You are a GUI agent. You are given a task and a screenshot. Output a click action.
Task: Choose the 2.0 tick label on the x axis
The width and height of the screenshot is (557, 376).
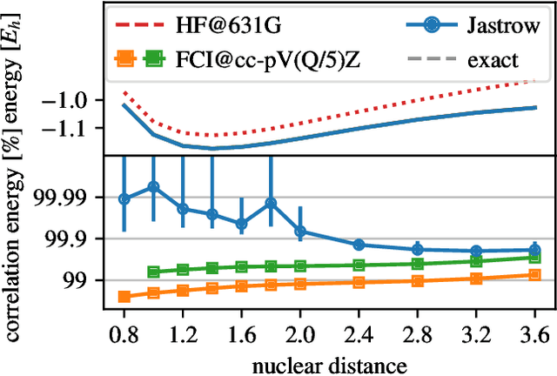tap(300, 335)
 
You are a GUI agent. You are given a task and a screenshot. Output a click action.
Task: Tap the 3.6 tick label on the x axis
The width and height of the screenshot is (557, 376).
tap(534, 335)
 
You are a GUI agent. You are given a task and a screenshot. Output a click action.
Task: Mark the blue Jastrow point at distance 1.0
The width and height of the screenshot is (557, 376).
tap(153, 186)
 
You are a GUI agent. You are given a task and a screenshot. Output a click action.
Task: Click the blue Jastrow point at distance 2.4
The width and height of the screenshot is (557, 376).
tap(359, 245)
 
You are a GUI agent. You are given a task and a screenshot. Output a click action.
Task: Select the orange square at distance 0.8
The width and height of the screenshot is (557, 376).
tap(124, 297)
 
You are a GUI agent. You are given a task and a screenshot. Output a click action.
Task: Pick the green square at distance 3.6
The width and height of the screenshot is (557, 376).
tap(534, 258)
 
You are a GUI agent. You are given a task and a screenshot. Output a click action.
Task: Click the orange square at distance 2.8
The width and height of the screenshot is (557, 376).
tap(417, 280)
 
